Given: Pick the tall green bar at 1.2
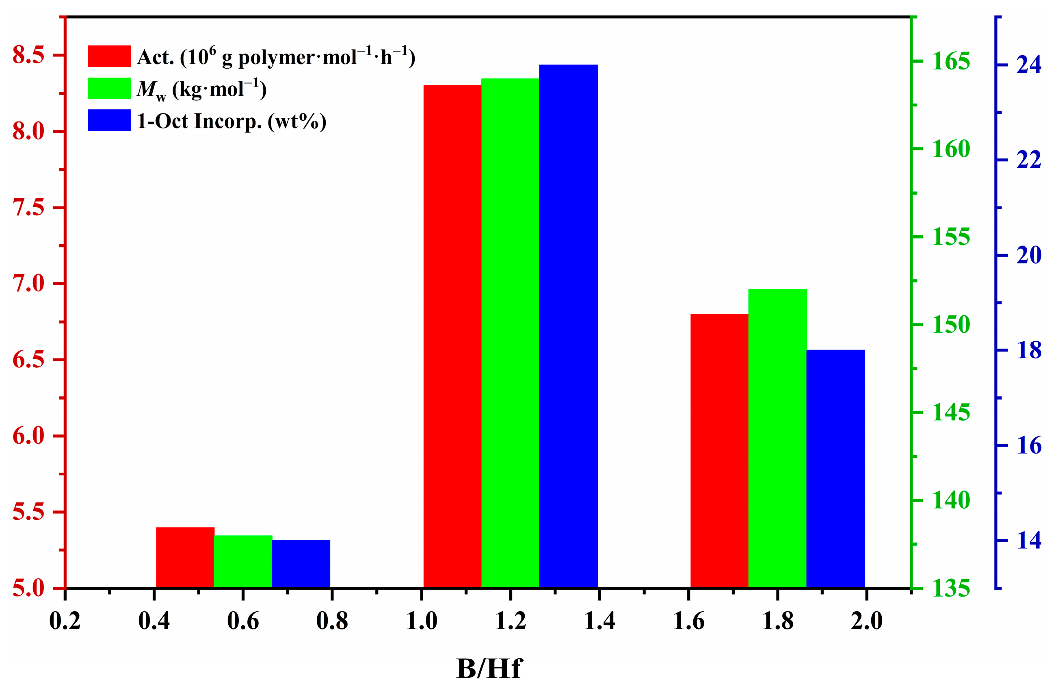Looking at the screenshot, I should point(510,333).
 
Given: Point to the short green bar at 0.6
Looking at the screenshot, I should point(243,562).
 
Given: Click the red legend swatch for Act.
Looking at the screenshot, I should point(109,56).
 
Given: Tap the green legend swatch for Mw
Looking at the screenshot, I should point(109,88).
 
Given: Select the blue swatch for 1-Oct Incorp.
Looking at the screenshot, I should point(109,120).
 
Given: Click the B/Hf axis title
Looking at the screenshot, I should point(489,669).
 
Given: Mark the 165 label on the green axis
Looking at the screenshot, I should point(951,61).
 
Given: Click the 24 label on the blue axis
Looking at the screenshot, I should point(1028,65).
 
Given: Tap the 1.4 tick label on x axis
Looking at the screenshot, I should point(599,621).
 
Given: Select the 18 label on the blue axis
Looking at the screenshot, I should point(1028,350).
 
